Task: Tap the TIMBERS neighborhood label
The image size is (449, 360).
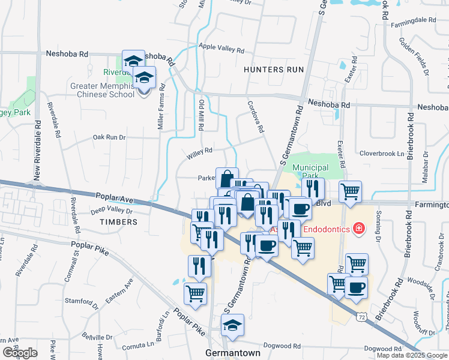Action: [119, 222]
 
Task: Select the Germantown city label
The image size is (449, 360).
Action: [233, 353]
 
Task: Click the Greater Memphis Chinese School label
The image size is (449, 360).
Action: [103, 90]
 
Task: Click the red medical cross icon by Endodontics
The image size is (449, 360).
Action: [358, 228]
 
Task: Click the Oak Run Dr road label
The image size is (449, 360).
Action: [109, 137]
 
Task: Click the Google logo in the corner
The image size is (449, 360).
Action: [20, 353]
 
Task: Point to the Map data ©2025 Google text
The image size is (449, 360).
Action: [412, 355]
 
